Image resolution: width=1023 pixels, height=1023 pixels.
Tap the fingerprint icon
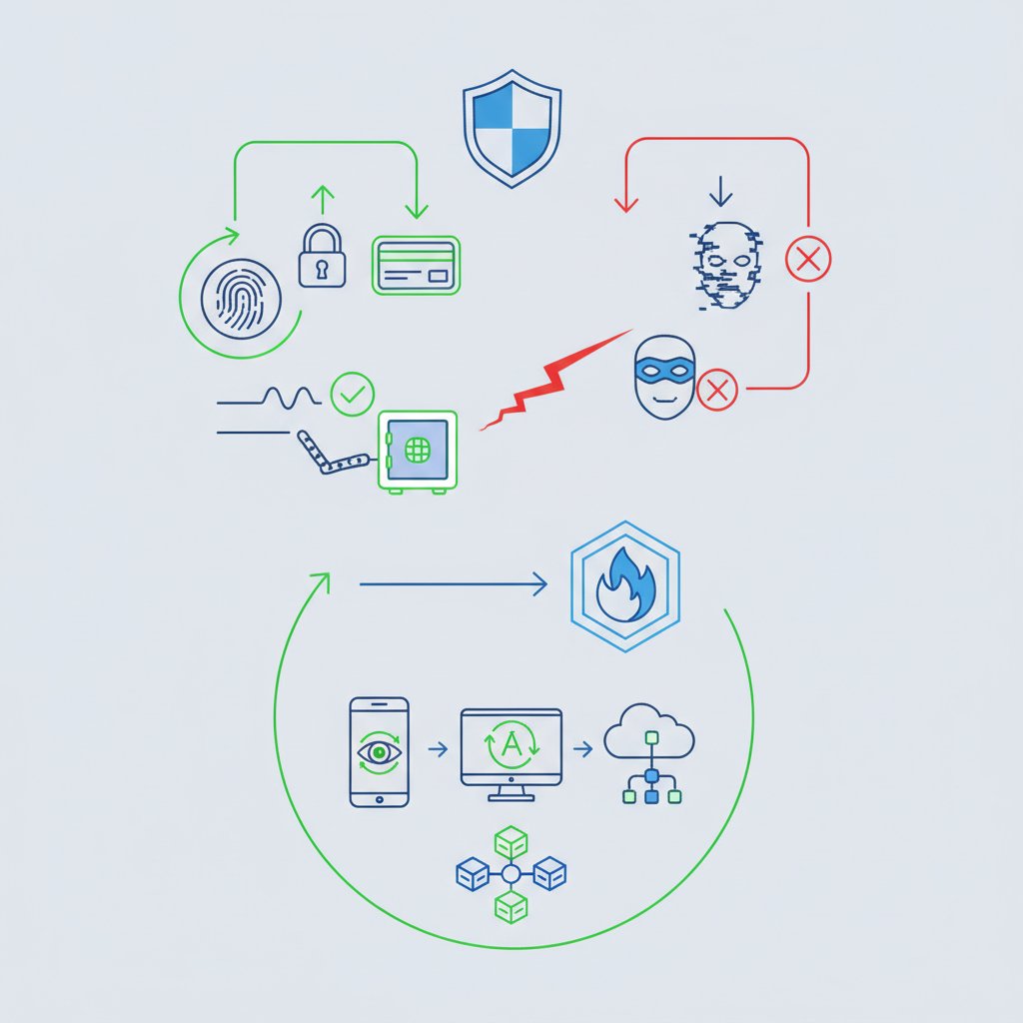(x=241, y=300)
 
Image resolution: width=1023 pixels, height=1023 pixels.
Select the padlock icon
(x=322, y=256)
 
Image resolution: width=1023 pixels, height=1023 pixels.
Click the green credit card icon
(x=416, y=265)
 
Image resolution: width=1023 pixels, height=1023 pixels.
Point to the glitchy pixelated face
(x=726, y=265)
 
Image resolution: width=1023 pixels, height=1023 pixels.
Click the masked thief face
(x=664, y=378)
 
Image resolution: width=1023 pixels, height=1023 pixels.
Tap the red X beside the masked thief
(x=717, y=391)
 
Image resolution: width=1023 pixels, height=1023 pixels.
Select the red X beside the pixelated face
(x=807, y=259)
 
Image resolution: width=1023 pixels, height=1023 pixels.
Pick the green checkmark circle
(x=353, y=394)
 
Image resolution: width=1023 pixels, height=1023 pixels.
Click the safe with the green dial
(x=418, y=452)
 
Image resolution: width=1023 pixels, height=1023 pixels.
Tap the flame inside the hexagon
(x=625, y=584)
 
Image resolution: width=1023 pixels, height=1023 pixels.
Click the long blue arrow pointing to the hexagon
(x=454, y=583)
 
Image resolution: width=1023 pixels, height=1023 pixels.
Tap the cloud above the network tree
(x=649, y=730)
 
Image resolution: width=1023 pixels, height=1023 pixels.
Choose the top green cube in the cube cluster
(x=511, y=841)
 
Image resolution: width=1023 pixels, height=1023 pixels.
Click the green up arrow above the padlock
(x=323, y=200)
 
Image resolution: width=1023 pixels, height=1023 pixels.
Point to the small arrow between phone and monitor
(x=438, y=749)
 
